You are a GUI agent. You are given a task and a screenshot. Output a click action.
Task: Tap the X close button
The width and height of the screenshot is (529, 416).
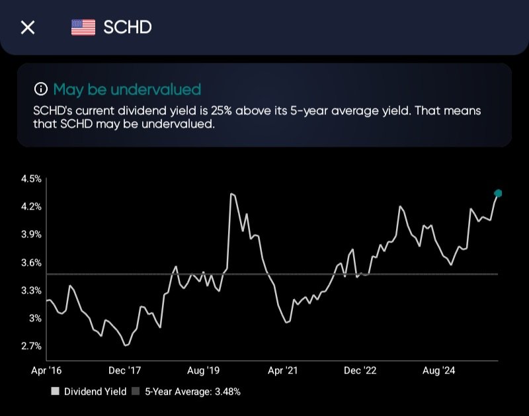[28, 28]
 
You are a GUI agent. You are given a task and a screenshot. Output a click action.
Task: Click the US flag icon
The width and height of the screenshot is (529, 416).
[83, 27]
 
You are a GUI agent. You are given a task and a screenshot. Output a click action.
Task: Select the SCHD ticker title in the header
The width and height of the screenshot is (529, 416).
[128, 27]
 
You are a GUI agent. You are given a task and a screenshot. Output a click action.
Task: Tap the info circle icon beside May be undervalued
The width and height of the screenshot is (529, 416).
[41, 89]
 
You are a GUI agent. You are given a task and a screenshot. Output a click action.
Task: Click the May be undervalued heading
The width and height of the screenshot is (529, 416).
[126, 89]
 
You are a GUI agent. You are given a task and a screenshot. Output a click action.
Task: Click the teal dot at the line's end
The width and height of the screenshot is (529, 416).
[498, 193]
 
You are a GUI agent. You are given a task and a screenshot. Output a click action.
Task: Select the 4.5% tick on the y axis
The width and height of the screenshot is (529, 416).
[31, 179]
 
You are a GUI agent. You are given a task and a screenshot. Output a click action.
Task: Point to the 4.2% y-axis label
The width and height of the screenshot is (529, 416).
[31, 206]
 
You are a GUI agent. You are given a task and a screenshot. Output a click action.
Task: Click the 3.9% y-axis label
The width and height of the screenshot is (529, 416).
[31, 235]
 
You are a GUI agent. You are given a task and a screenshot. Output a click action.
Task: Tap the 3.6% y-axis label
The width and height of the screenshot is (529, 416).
[31, 263]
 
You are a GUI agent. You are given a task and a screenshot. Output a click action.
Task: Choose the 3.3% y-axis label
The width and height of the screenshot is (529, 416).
[31, 290]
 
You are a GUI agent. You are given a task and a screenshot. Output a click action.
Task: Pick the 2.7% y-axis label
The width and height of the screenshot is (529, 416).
[31, 346]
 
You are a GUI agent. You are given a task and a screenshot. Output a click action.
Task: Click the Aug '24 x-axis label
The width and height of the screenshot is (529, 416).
[440, 371]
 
